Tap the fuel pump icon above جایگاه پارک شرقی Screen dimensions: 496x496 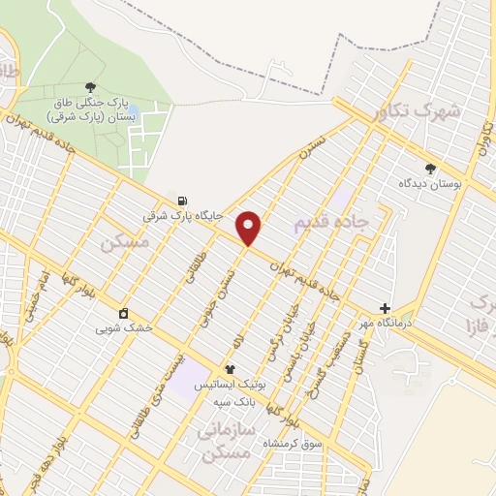[x=182, y=201]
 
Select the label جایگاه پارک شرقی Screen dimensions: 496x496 [x=182, y=217]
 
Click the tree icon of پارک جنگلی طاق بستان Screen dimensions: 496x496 [x=90, y=88]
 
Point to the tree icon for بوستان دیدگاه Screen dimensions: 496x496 [x=430, y=168]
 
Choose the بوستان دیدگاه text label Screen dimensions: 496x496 [x=431, y=183]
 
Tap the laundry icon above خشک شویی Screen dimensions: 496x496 [x=124, y=313]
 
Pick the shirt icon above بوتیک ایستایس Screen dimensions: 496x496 [x=230, y=369]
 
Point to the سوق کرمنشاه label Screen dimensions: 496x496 [x=296, y=443]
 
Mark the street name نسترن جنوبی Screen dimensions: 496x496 [x=217, y=294]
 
